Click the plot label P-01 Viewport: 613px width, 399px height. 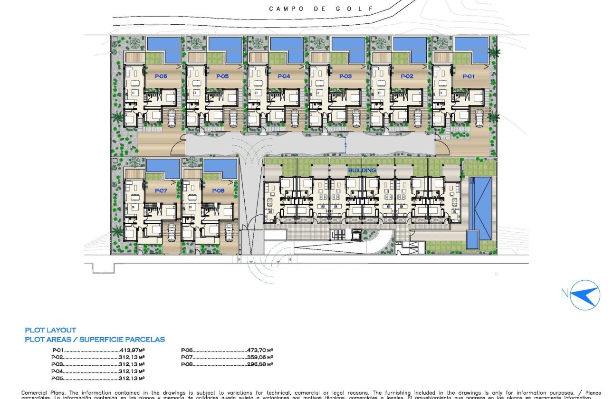point(469,76)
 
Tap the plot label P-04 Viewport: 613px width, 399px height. point(284,76)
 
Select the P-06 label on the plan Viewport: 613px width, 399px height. point(161,76)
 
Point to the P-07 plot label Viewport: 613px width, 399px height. point(161,190)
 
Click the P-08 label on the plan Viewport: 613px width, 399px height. point(218,190)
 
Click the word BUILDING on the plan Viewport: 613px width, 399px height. point(362,170)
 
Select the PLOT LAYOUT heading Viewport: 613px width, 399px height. point(50,330)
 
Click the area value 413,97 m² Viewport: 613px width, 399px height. point(131,350)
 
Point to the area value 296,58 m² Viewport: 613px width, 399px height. point(260,364)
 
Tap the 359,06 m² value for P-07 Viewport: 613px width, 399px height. point(260,357)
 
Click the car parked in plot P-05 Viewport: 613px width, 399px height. point(233,117)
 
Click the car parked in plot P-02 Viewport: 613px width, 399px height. point(418,117)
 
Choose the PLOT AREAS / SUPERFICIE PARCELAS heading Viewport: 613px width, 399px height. point(95,340)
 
